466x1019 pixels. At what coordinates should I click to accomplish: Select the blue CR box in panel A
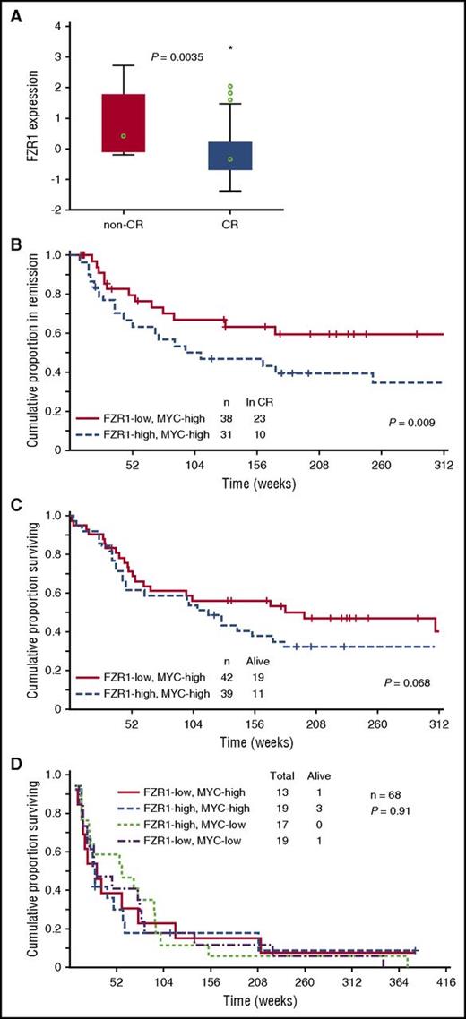[229, 156]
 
